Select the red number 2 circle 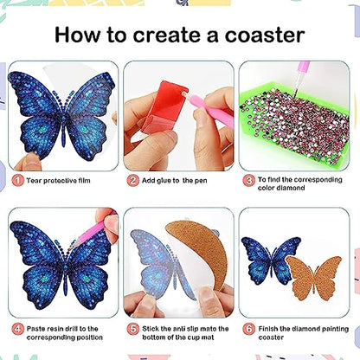point(133,180)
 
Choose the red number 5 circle point(133,329)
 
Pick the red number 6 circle point(247,329)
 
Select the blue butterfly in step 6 point(270,259)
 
